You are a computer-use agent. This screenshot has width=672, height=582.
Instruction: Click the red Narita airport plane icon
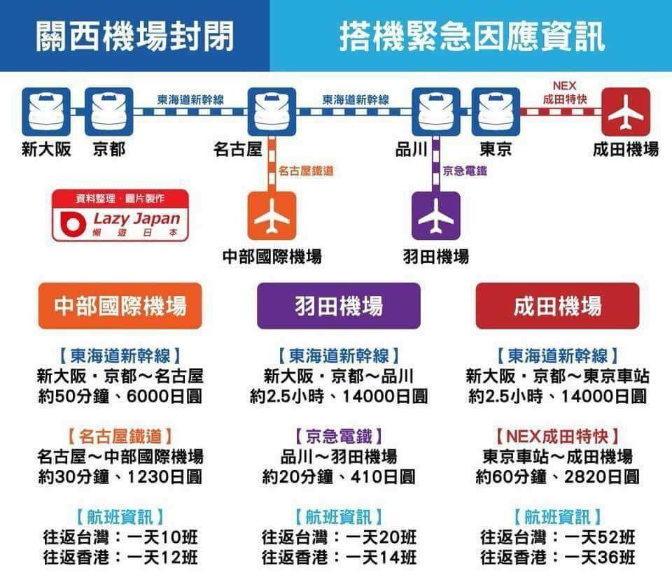click(x=626, y=112)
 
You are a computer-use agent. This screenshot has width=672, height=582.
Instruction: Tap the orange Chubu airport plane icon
click(x=272, y=216)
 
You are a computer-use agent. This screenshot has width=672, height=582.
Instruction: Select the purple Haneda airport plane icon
click(x=436, y=216)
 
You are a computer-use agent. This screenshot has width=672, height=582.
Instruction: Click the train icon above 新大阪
click(x=46, y=112)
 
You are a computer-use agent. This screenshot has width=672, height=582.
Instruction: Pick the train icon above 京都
click(x=109, y=112)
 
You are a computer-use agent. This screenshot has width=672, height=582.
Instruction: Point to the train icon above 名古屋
click(x=272, y=112)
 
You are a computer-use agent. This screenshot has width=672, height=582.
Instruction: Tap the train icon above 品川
click(x=436, y=112)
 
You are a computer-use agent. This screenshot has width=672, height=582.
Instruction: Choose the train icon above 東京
click(x=496, y=112)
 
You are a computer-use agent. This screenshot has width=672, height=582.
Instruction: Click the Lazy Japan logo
click(x=120, y=215)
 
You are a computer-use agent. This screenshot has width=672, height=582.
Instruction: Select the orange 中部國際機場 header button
click(x=120, y=306)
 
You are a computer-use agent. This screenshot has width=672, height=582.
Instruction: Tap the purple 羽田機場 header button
click(x=339, y=306)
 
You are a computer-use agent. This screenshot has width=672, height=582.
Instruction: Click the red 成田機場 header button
click(x=557, y=306)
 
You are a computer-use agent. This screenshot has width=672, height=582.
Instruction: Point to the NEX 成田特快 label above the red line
click(x=564, y=92)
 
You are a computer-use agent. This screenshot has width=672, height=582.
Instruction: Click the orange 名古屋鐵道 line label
click(x=306, y=171)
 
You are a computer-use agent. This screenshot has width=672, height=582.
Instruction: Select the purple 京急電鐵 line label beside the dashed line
click(x=465, y=171)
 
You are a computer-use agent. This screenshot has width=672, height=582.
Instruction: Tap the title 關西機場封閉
click(x=134, y=36)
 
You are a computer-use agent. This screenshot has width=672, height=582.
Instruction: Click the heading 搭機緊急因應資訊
click(x=472, y=36)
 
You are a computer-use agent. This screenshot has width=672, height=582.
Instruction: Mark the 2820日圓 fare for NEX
click(x=601, y=476)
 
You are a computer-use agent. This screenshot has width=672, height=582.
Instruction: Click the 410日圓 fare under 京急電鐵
click(x=383, y=476)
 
